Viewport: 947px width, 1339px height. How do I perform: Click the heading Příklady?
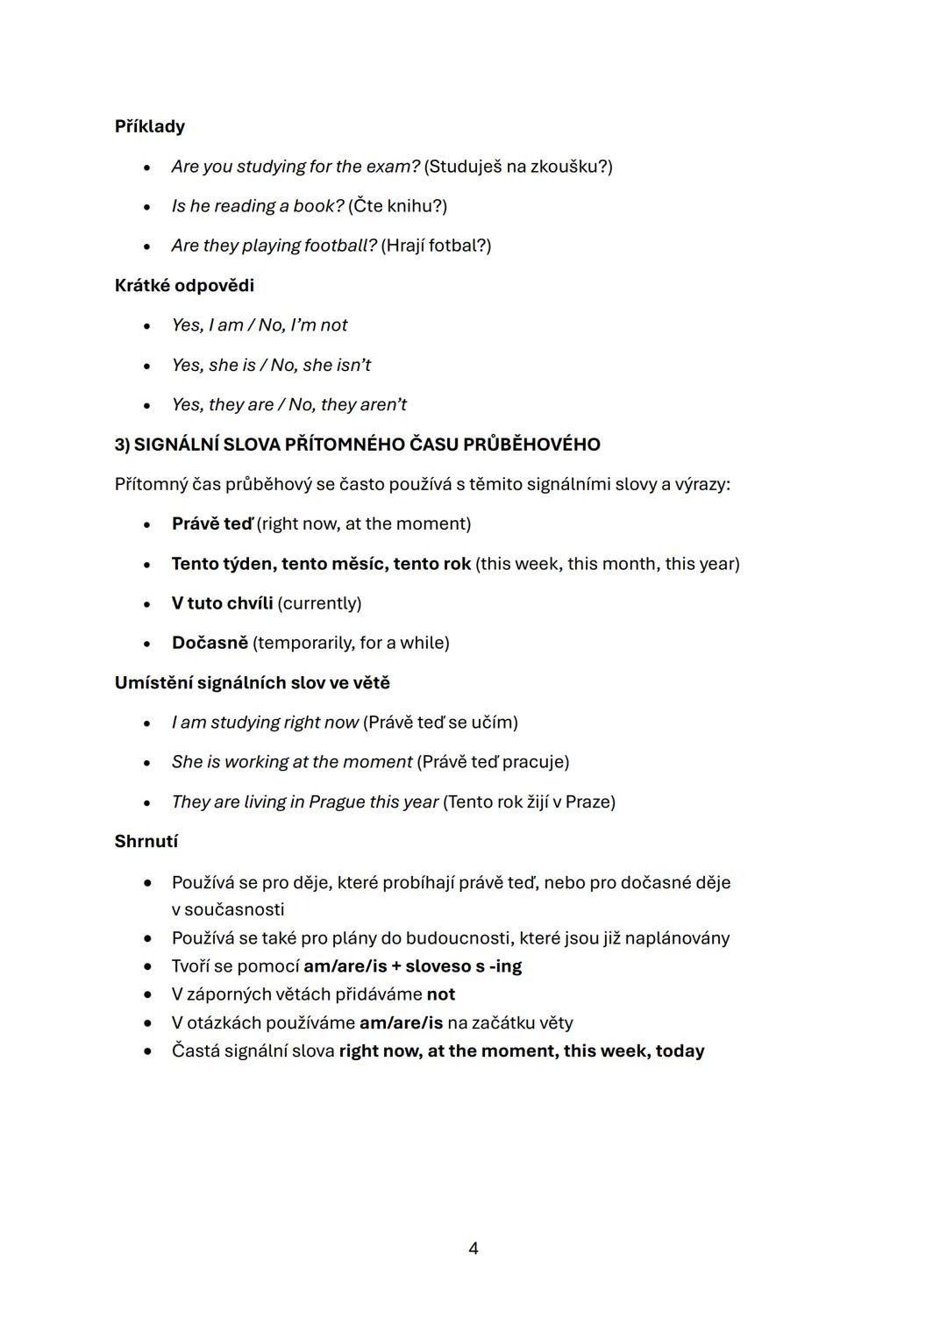[150, 126]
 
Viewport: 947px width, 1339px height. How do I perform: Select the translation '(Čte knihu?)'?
[397, 205]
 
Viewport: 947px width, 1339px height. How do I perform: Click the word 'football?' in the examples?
[340, 245]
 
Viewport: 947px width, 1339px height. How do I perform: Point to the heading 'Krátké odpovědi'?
[184, 285]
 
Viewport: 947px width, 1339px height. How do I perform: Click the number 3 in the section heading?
[119, 445]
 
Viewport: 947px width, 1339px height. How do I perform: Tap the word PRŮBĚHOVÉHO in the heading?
[531, 445]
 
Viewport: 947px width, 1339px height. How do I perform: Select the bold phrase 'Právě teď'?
[212, 523]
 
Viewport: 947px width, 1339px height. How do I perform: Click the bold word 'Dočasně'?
[210, 643]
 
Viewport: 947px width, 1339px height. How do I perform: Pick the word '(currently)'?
[319, 603]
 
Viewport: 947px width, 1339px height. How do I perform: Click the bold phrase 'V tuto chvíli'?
[222, 603]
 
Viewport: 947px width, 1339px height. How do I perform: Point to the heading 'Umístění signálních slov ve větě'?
[253, 682]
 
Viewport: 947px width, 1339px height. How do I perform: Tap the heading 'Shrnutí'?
[146, 841]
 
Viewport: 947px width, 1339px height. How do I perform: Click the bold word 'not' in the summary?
[440, 994]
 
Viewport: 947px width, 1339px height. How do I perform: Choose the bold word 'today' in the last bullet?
[680, 1051]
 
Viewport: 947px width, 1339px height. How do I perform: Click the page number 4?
[473, 1248]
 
